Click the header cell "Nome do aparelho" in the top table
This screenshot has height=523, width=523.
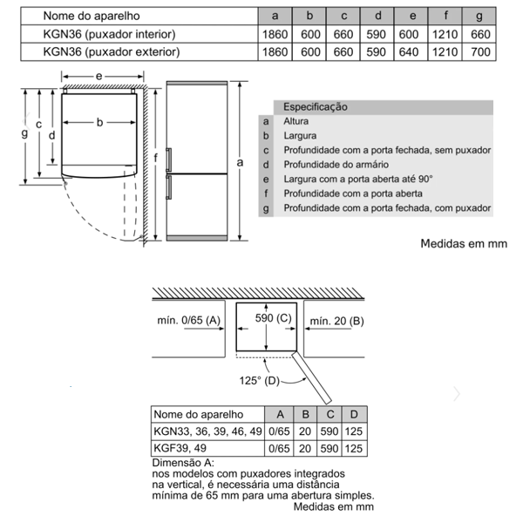coord(92,16)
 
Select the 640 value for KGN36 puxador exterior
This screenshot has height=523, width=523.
coord(408,52)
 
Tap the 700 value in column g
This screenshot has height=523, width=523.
coord(479,52)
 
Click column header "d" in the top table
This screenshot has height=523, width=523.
coord(377,16)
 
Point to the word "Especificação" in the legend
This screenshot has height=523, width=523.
coord(316,106)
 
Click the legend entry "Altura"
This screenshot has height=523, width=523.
coord(296,121)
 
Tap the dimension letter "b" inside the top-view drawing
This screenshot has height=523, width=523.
coord(99,123)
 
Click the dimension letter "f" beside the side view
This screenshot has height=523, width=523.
coord(155,159)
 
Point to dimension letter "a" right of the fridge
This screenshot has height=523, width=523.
coord(239,162)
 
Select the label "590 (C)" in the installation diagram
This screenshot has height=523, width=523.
coord(273,319)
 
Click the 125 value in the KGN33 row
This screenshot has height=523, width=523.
coord(354,431)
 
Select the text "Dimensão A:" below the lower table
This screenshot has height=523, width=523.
coord(183,463)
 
